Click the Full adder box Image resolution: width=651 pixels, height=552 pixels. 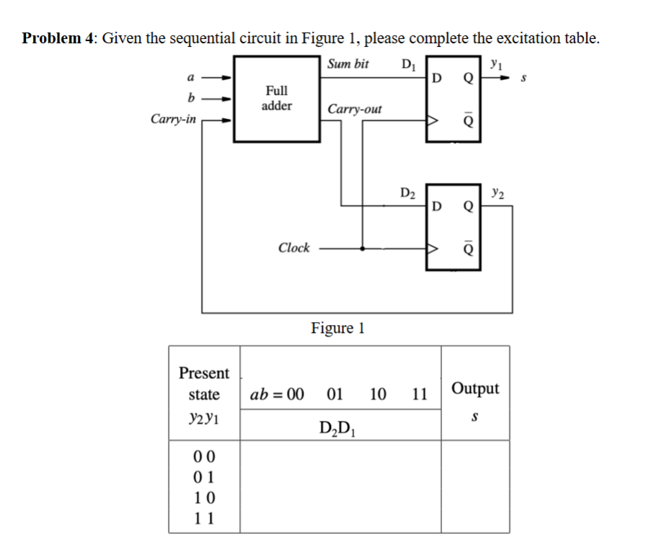point(277,98)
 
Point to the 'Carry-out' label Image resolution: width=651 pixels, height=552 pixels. point(355,110)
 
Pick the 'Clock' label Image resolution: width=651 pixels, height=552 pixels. point(294,248)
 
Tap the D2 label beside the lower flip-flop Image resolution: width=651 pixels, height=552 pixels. point(407,193)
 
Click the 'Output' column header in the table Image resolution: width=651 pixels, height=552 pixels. point(475,389)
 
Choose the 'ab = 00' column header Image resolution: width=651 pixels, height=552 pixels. point(277,395)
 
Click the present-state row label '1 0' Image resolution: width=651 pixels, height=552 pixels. point(205,497)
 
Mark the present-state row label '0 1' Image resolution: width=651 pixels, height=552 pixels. point(205,476)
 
